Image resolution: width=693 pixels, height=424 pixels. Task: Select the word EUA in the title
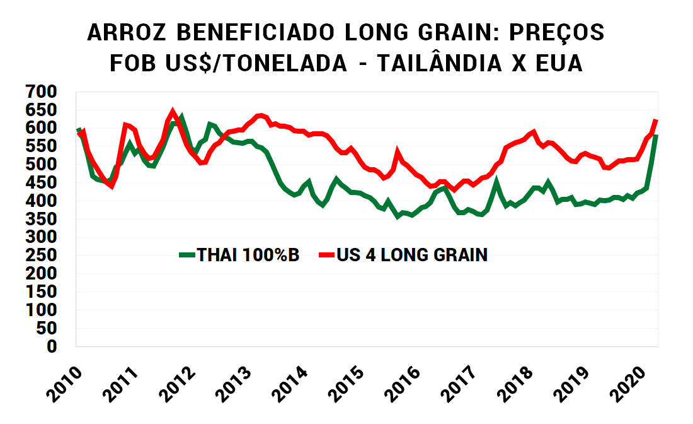point(556,64)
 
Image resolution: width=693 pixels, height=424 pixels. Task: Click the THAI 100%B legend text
point(248,255)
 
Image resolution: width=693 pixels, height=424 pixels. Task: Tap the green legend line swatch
point(187,255)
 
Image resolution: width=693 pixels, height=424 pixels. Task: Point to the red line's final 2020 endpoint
point(656,120)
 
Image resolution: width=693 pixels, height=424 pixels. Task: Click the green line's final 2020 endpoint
point(656,136)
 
